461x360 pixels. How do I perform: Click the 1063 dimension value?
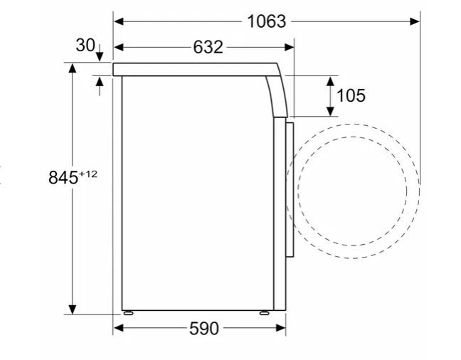266,21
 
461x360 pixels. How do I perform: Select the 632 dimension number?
208,47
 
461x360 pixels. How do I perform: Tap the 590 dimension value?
204,328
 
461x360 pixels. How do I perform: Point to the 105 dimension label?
351,95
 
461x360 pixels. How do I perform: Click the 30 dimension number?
85,46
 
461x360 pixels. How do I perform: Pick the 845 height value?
63,177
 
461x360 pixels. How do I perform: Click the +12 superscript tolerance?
88,174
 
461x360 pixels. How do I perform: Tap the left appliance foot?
129,313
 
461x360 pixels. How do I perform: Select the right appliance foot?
264,313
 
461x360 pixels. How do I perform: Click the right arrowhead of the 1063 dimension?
415,21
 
